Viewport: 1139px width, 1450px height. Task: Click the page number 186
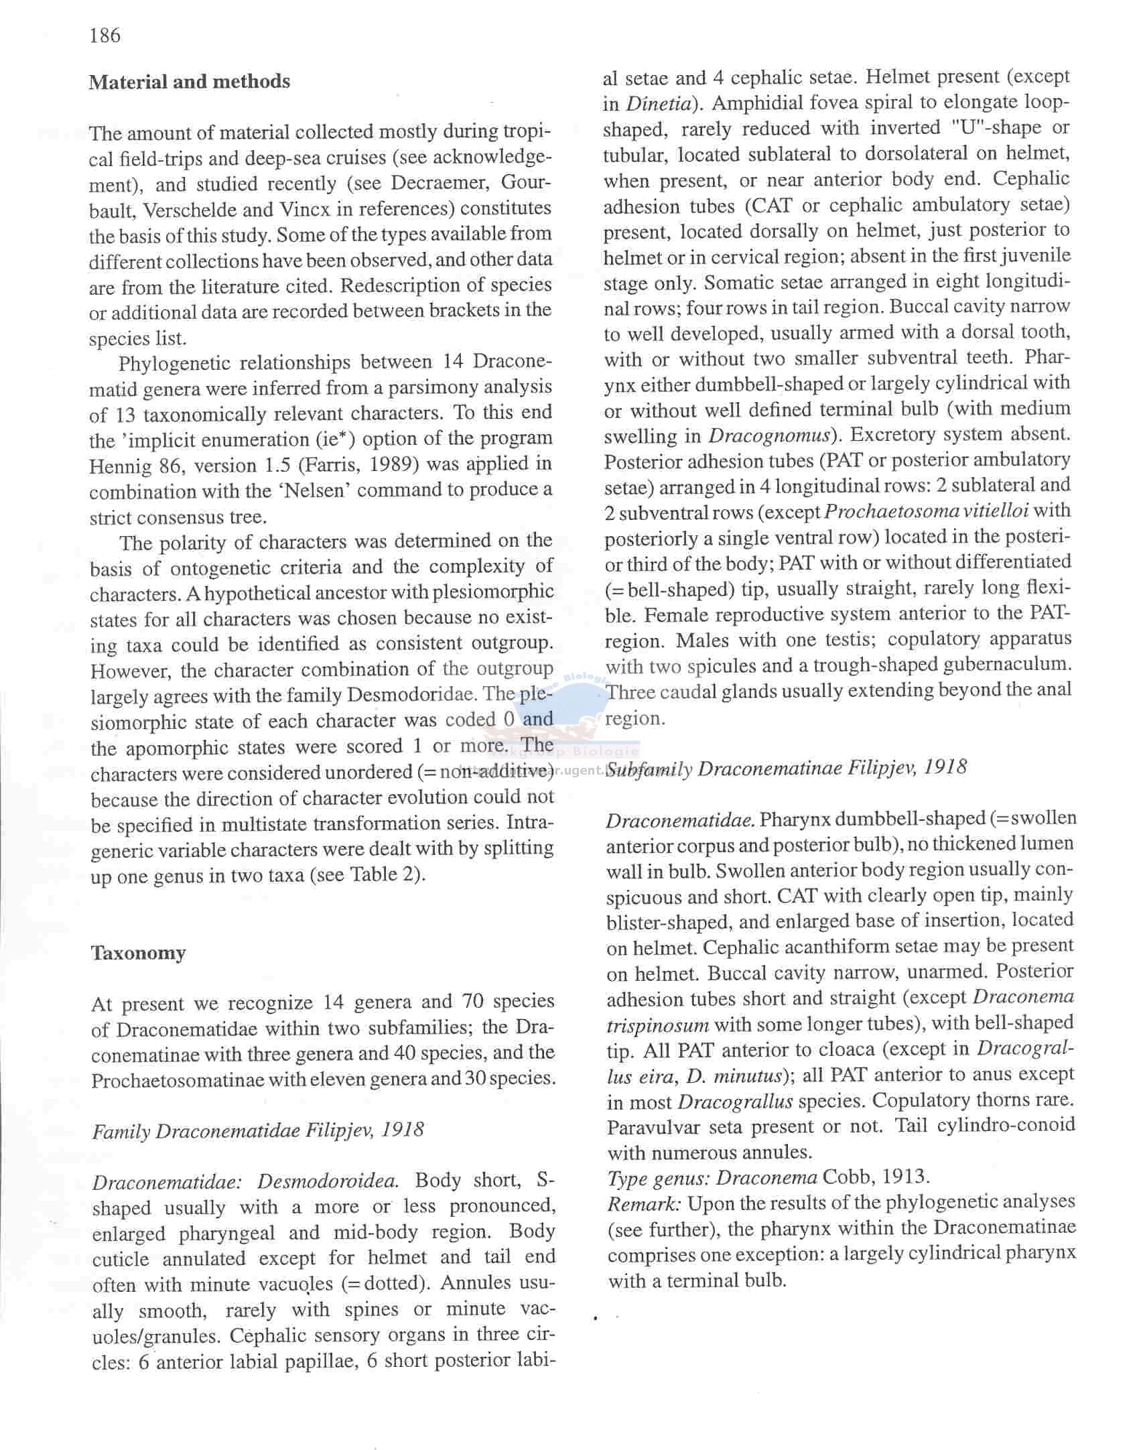(105, 35)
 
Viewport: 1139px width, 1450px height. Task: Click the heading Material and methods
(190, 82)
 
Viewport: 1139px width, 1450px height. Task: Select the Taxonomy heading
(138, 952)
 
